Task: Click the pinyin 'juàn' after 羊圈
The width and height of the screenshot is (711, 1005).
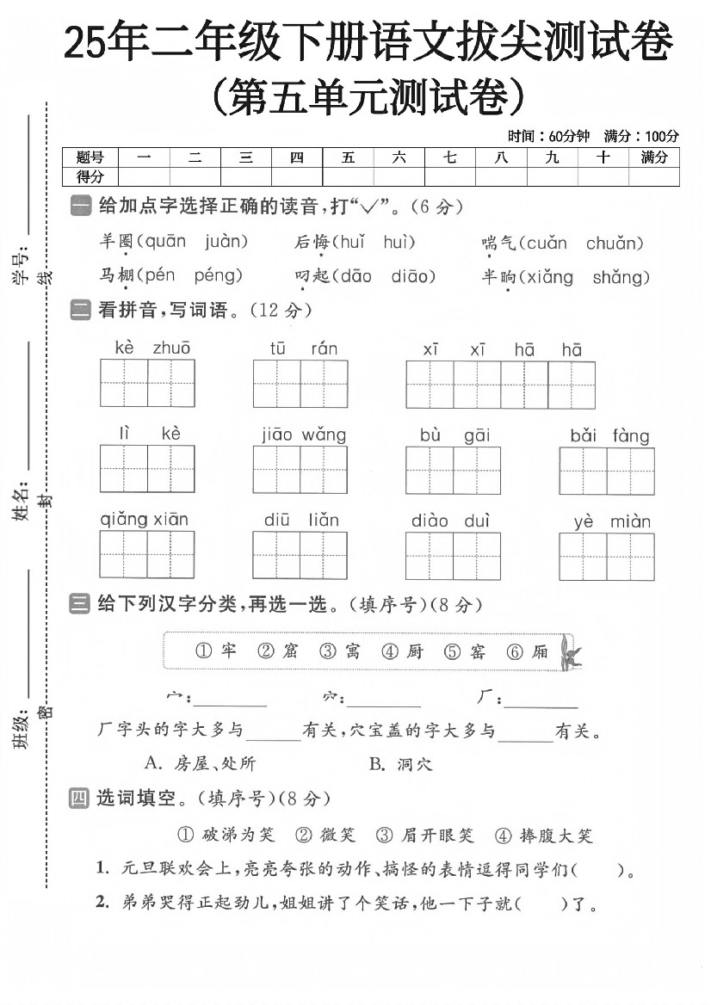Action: pos(226,242)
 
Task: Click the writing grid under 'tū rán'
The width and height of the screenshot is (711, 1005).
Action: pos(300,383)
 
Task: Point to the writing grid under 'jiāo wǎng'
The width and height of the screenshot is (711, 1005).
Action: pos(300,470)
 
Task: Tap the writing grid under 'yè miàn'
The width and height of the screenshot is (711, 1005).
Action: pos(606,556)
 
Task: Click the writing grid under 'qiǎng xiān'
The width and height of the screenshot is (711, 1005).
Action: pos(146,555)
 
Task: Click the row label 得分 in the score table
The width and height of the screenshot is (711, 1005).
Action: pos(90,176)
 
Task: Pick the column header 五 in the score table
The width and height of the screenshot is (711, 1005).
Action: pos(348,157)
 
